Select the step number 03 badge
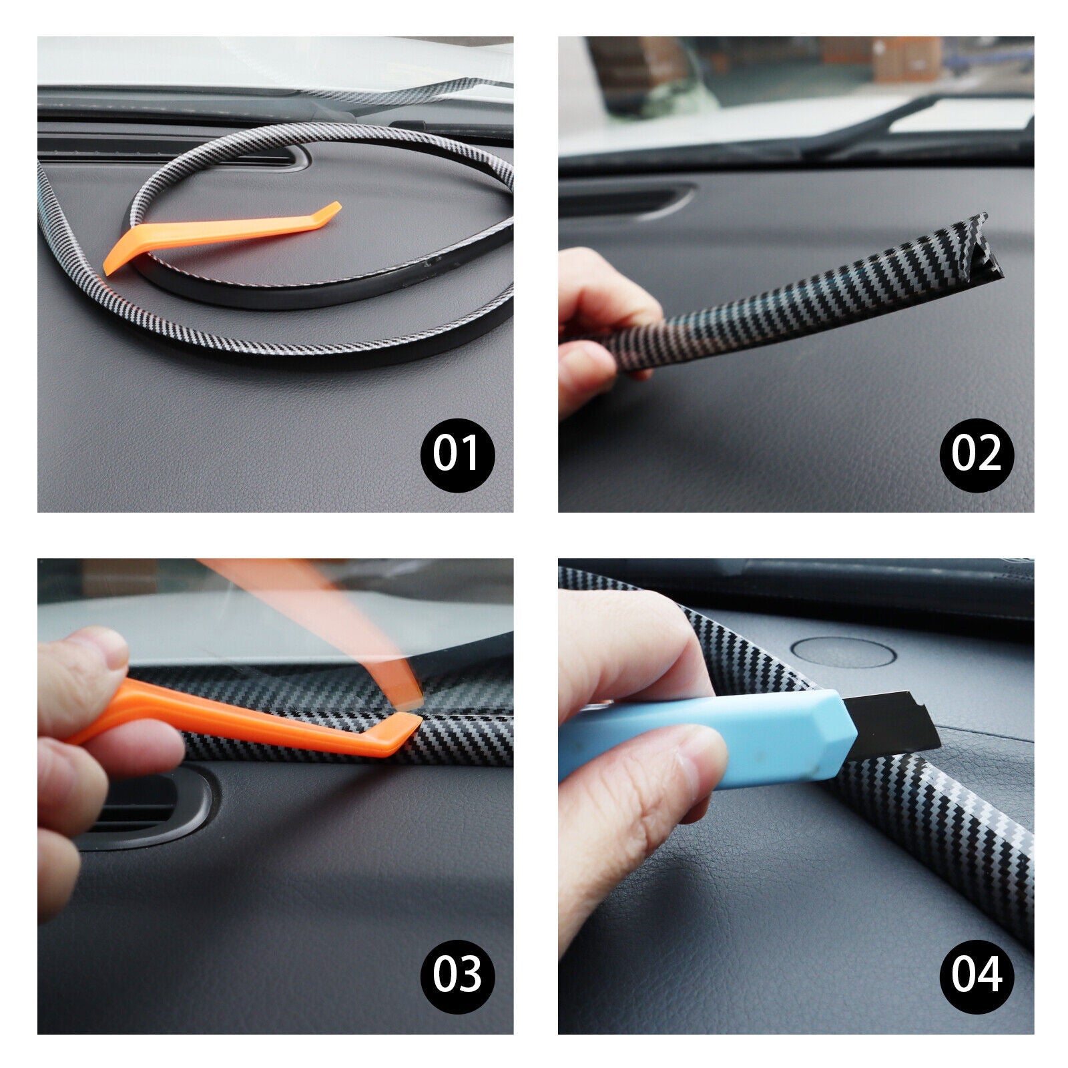(457, 976)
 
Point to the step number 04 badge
(977, 976)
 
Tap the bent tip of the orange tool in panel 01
(330, 212)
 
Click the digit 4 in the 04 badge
(989, 976)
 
